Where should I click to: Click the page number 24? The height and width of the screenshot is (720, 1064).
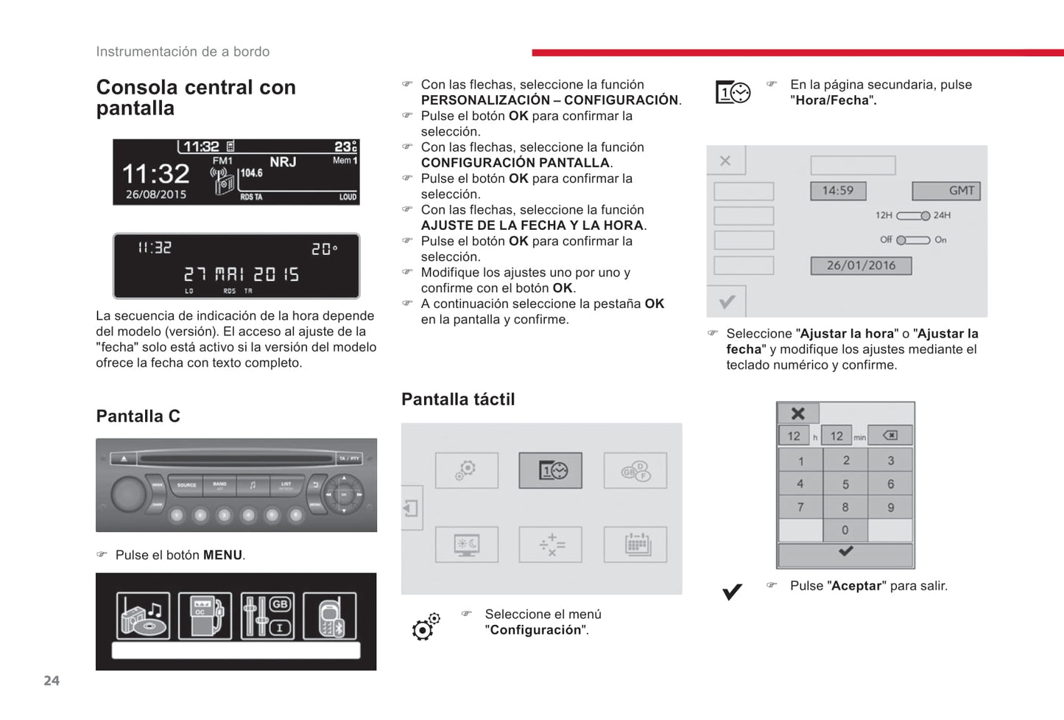tap(52, 681)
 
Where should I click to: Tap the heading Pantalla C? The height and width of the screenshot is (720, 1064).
tap(138, 416)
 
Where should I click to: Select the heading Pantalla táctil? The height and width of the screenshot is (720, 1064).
tap(458, 399)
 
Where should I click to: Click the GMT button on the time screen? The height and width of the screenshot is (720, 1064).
tap(946, 191)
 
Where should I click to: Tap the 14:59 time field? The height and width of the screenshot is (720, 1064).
tap(838, 191)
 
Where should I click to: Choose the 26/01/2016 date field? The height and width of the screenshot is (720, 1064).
tap(861, 265)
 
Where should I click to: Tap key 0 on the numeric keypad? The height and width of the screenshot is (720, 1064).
tap(845, 530)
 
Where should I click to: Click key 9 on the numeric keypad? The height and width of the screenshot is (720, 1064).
tap(890, 507)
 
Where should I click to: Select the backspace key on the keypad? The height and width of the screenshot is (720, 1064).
tap(889, 436)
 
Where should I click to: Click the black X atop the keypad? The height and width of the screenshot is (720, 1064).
tap(797, 413)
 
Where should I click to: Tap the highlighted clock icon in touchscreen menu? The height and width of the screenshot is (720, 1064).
tap(550, 470)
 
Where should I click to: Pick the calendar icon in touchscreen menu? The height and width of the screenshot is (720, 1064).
tap(635, 545)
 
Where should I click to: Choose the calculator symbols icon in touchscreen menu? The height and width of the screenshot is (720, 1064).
tap(550, 545)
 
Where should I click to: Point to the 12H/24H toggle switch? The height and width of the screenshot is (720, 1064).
tap(913, 215)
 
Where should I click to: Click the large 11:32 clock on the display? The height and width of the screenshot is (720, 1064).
tap(155, 174)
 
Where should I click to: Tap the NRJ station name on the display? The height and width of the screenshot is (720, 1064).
tap(283, 162)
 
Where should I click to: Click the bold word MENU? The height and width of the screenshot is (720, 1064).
tap(222, 555)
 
